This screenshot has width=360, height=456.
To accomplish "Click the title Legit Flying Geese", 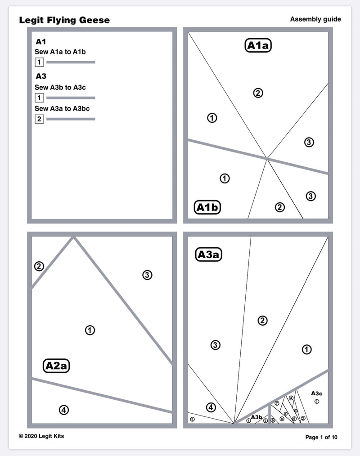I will [x=64, y=20].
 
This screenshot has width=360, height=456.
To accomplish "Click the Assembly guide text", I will [x=315, y=19].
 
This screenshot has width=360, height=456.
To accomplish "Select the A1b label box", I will [x=207, y=207].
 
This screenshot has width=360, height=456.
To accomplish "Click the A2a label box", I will [x=56, y=366].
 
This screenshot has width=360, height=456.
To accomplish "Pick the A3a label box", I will [x=209, y=255].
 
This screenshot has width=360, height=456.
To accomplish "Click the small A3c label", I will [x=317, y=393].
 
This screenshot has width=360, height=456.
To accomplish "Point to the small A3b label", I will [x=256, y=417].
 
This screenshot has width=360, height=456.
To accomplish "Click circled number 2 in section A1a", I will [x=258, y=93].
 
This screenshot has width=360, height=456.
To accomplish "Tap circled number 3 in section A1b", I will [x=310, y=196].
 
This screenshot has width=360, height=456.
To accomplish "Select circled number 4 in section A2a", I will [x=64, y=410].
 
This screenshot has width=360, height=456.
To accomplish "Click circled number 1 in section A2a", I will [x=90, y=331].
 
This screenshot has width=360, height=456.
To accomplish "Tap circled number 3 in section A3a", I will [x=215, y=345].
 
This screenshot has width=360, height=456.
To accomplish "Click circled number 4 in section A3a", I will [x=211, y=407].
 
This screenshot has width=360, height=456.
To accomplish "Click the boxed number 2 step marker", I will [x=39, y=119].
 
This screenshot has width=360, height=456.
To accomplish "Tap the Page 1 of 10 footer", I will [x=321, y=437].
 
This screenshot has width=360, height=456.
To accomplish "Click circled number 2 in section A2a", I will [x=39, y=266].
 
